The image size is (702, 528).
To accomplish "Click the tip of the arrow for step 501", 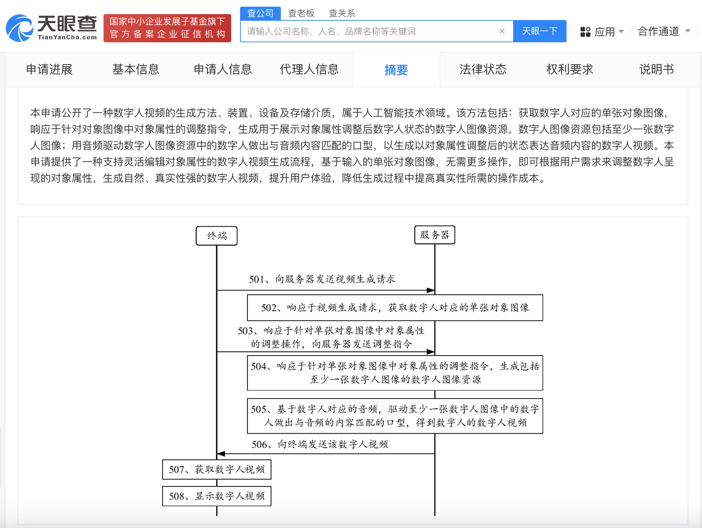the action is pyautogui.click(x=434, y=290).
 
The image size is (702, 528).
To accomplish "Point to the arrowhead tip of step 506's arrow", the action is pyautogui.click(x=217, y=453).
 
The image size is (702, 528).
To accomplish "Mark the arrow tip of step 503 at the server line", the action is pyautogui.click(x=434, y=352).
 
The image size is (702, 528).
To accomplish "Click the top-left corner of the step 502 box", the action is pyautogui.click(x=247, y=295).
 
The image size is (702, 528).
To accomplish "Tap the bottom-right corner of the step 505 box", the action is pyautogui.click(x=543, y=433).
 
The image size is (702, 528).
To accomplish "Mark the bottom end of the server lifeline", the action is pyautogui.click(x=435, y=515).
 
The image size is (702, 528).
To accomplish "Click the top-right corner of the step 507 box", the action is pyautogui.click(x=271, y=460).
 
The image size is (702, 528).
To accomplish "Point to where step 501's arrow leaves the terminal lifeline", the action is pyautogui.click(x=217, y=290).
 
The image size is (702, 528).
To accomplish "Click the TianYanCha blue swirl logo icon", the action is pyautogui.click(x=20, y=28).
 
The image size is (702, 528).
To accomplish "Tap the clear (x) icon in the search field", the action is pyautogui.click(x=502, y=31).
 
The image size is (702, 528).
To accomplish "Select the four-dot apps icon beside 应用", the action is pyautogui.click(x=585, y=32).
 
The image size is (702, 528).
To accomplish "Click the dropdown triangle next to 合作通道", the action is pyautogui.click(x=688, y=31).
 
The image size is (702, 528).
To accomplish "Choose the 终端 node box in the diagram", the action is pyautogui.click(x=217, y=236).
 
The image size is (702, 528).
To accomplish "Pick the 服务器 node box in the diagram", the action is pyautogui.click(x=435, y=235).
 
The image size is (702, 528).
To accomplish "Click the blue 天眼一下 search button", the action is pyautogui.click(x=539, y=31).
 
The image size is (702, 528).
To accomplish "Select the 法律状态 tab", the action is pyautogui.click(x=483, y=69).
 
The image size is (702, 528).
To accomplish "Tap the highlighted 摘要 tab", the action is pyautogui.click(x=396, y=70).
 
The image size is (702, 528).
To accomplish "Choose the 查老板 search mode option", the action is pyautogui.click(x=301, y=13).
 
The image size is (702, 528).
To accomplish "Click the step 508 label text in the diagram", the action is pyautogui.click(x=217, y=496).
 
